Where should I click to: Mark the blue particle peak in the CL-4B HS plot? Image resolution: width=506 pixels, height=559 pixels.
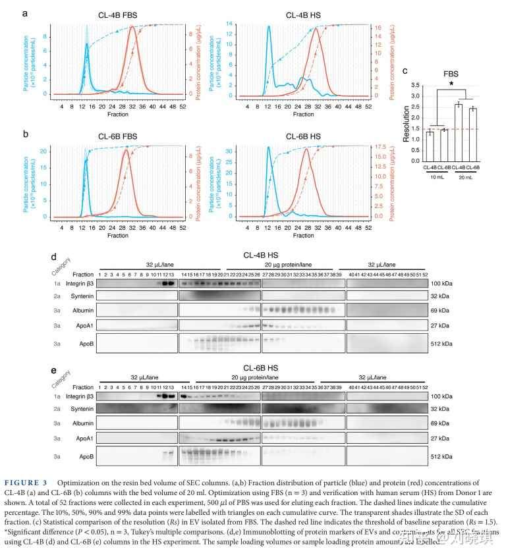pyautogui.click(x=269, y=27)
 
